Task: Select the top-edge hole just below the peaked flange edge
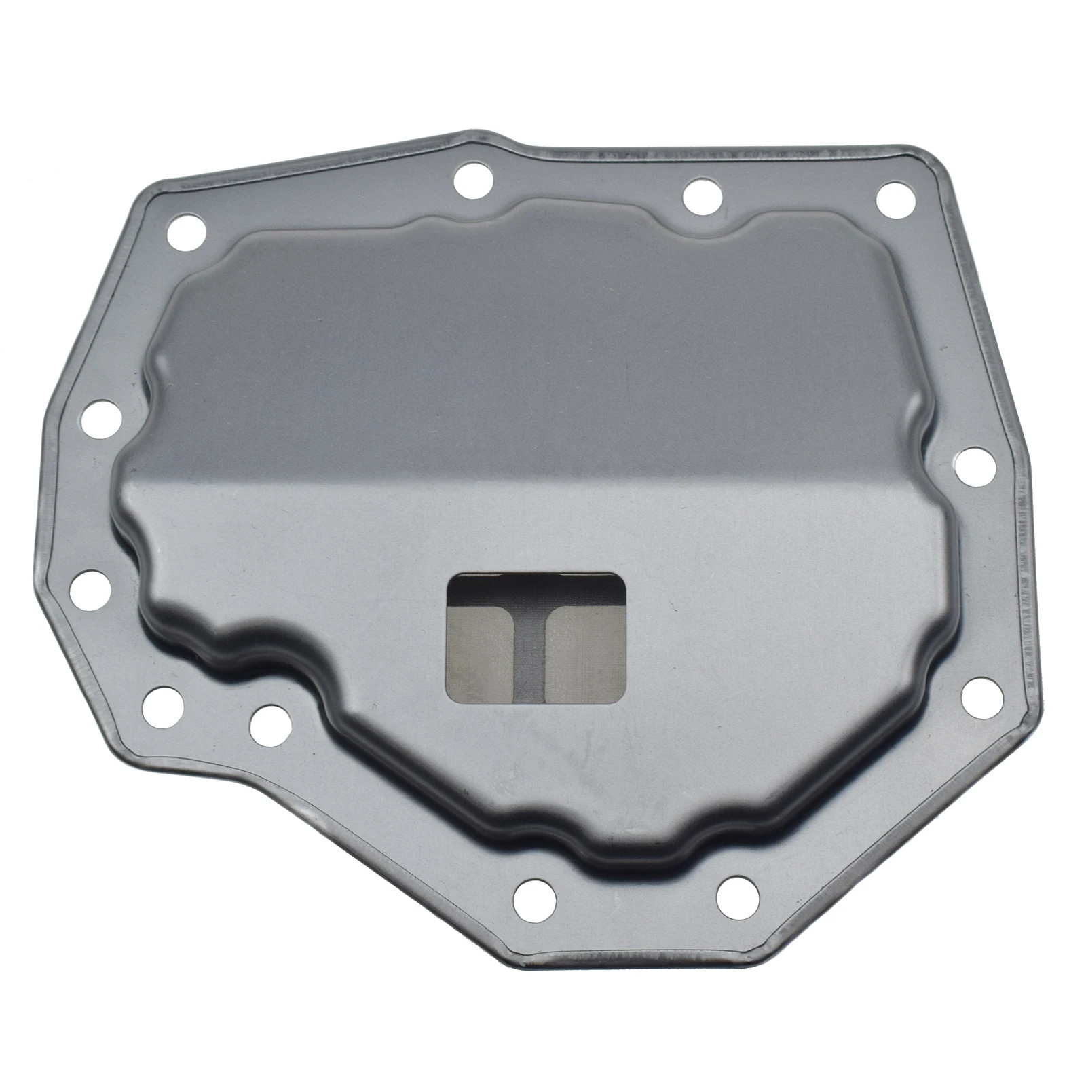473,180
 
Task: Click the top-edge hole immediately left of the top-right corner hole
703,197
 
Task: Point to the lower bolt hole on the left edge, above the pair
90,589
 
